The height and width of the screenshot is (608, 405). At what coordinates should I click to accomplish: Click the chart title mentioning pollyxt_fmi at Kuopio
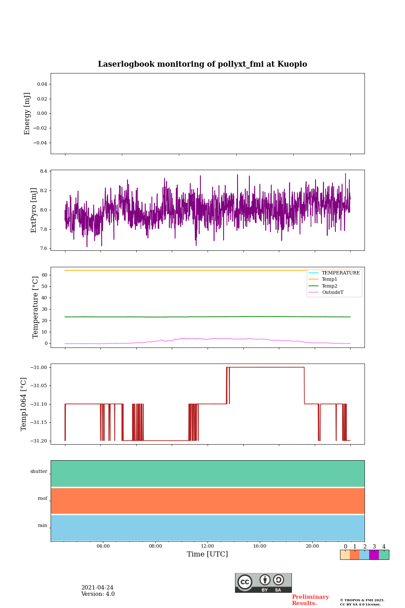click(202, 64)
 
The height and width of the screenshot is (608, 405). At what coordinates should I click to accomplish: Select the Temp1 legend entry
click(329, 280)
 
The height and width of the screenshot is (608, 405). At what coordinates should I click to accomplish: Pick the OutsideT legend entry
click(332, 293)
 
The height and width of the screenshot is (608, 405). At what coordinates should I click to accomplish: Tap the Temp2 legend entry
click(329, 286)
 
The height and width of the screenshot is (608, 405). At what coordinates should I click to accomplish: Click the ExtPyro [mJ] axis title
click(34, 210)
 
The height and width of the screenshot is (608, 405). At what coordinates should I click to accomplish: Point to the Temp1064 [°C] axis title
click(24, 404)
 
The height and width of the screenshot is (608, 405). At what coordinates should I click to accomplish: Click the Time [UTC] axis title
click(207, 554)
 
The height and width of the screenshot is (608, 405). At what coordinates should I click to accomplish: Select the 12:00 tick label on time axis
click(207, 546)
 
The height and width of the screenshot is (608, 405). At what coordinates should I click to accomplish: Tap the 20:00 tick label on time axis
click(312, 546)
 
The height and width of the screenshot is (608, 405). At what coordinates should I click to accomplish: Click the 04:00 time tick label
click(103, 546)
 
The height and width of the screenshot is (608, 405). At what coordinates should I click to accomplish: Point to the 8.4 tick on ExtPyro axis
click(43, 171)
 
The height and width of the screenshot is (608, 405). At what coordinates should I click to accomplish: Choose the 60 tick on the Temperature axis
click(44, 275)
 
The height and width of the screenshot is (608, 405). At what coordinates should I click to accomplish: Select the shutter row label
click(39, 472)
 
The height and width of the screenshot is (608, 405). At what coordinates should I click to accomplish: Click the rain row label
click(43, 526)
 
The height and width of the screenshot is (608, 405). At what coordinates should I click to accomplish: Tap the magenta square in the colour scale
click(374, 555)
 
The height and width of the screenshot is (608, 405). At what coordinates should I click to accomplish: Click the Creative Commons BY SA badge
click(263, 583)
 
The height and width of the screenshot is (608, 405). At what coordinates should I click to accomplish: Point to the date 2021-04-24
click(97, 588)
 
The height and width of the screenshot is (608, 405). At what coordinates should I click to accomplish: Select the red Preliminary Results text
click(310, 600)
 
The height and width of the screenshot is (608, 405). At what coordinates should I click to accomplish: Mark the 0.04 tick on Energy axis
click(42, 84)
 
